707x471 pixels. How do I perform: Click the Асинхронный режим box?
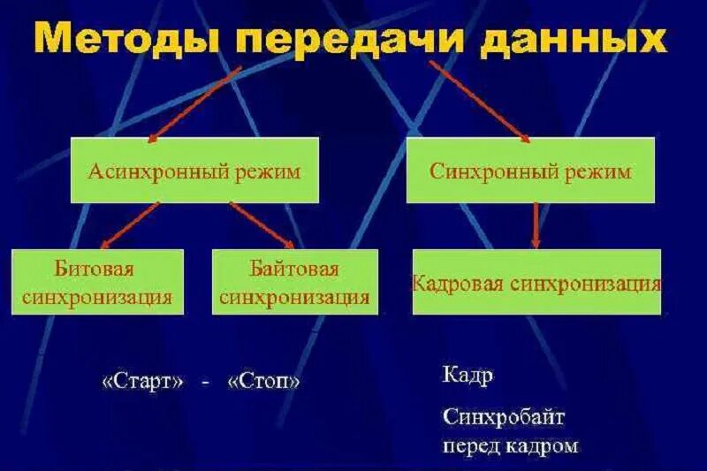pyautogui.click(x=194, y=171)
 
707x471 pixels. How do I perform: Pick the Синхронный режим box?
pyautogui.click(x=530, y=171)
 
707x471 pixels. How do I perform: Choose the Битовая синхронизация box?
pyautogui.click(x=97, y=282)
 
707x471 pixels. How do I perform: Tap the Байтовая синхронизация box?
pyautogui.click(x=294, y=282)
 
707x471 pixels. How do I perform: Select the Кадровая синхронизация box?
pyautogui.click(x=536, y=283)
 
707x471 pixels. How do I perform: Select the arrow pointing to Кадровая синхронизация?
pyautogui.click(x=536, y=225)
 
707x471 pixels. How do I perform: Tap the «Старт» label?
pyautogui.click(x=144, y=382)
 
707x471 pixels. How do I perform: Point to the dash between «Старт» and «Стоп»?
pyautogui.click(x=205, y=383)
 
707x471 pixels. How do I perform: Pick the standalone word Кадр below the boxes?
pyautogui.click(x=468, y=376)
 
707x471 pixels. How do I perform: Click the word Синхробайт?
pyautogui.click(x=504, y=415)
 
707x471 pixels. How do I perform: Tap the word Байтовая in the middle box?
pyautogui.click(x=294, y=267)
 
